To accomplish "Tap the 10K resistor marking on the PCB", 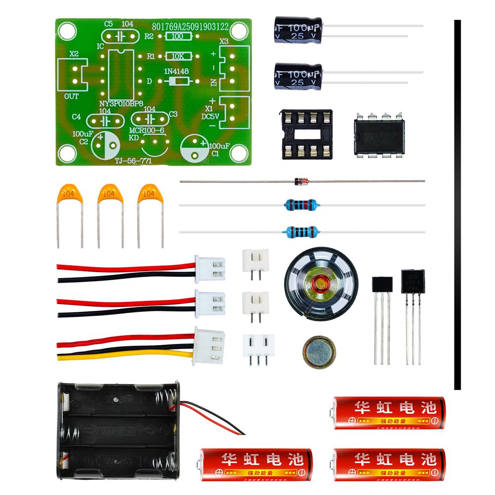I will pyautogui.click(x=176, y=56).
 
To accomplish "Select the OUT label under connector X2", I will pyautogui.click(x=72, y=97).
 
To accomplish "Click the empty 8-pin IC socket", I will pyautogui.click(x=307, y=134).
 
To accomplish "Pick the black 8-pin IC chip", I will pyautogui.click(x=380, y=135).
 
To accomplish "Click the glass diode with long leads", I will pyautogui.click(x=300, y=182).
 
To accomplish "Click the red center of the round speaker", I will pyautogui.click(x=320, y=283).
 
